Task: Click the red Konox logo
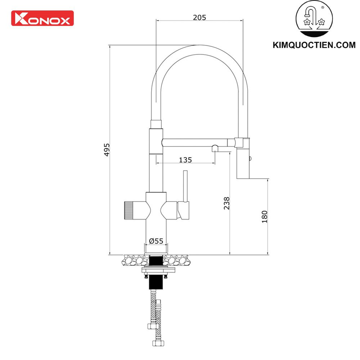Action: coord(42,18)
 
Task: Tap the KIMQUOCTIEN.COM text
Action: coord(314,45)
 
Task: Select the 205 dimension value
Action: coord(199,17)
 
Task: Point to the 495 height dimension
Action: coord(107,150)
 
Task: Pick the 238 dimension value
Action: coord(226,203)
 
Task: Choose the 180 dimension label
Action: coord(265,217)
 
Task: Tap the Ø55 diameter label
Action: coord(156,241)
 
